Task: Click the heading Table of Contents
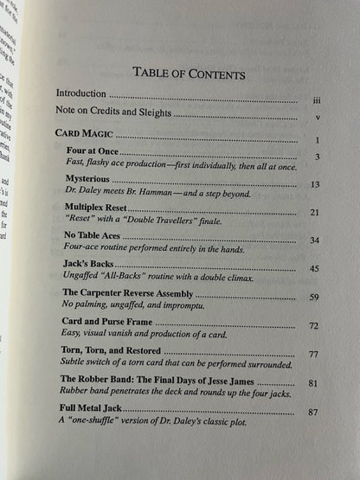pyautogui.click(x=190, y=74)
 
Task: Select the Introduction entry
pyautogui.click(x=84, y=93)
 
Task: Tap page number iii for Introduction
pyautogui.click(x=317, y=99)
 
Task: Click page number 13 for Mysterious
pyautogui.click(x=315, y=185)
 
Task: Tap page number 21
pyautogui.click(x=315, y=212)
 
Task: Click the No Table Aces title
pyautogui.click(x=101, y=235)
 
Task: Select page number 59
pyautogui.click(x=314, y=298)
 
